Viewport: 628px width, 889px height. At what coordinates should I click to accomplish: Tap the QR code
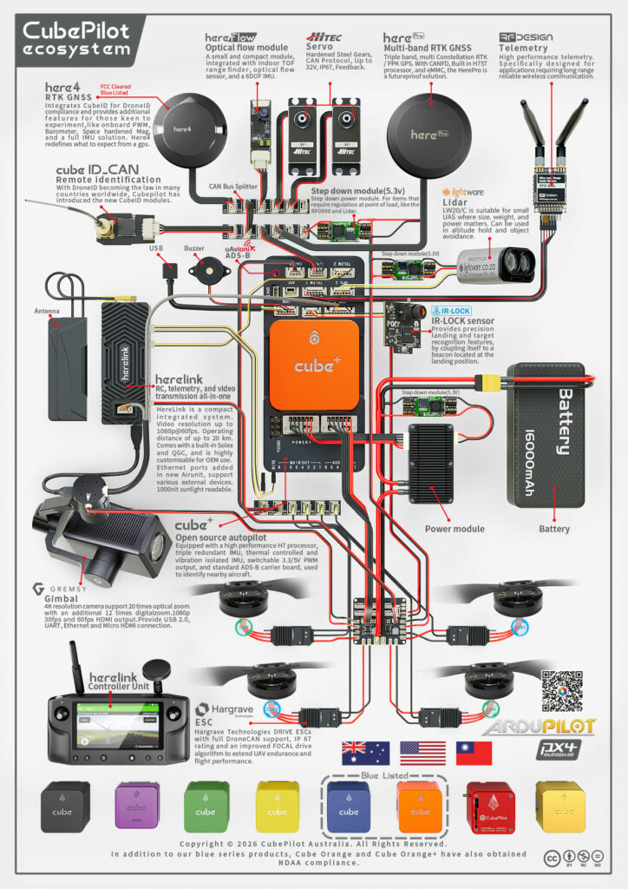(x=566, y=691)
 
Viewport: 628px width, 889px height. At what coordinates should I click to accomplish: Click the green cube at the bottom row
(x=206, y=804)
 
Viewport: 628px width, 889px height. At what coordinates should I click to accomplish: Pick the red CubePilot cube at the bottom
(x=490, y=804)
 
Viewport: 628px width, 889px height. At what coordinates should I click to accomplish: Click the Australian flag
(x=365, y=752)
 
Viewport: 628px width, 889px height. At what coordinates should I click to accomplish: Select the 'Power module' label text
(x=454, y=529)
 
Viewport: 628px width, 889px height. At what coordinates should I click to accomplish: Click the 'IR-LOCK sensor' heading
(x=464, y=320)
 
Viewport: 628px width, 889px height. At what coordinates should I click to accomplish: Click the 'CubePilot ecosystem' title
(x=75, y=39)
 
